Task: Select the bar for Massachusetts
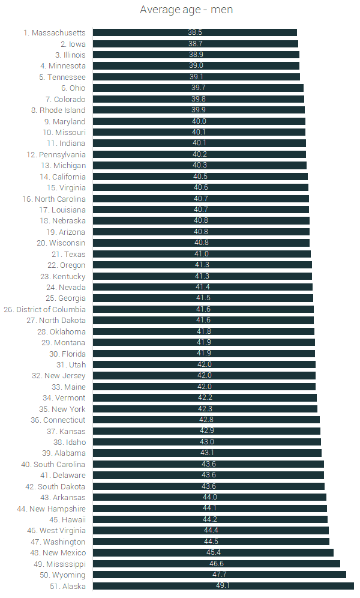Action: tap(195, 33)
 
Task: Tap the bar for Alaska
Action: tap(223, 586)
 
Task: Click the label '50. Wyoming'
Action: tap(59, 575)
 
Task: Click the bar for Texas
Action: tap(202, 254)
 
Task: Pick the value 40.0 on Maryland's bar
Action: tap(199, 121)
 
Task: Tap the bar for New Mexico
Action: tap(213, 552)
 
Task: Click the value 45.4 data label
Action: tap(213, 552)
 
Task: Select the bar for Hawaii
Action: tap(210, 519)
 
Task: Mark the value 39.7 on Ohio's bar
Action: tap(199, 88)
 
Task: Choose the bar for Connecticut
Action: tap(206, 420)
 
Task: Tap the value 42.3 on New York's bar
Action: tap(205, 409)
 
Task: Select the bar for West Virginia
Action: tap(211, 530)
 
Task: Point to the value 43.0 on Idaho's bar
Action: tap(207, 442)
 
